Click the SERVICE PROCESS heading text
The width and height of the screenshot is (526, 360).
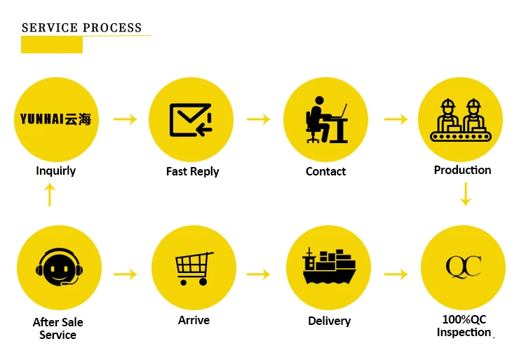81,28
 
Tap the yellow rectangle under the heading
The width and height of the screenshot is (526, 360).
51,45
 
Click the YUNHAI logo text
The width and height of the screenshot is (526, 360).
55,119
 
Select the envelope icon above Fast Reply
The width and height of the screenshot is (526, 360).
191,119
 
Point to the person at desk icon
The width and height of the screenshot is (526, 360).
326,119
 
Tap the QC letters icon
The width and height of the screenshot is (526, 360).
464,267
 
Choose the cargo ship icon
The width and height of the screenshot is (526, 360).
329,267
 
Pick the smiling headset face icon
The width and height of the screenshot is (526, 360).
59,267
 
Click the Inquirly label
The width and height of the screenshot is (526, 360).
55,171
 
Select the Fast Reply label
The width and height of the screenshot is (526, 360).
192,171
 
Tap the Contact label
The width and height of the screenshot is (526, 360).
325,171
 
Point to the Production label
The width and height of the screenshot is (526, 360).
462,170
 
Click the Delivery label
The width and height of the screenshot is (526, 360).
329,321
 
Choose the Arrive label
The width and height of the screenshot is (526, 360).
194,320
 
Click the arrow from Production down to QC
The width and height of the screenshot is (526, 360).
464,194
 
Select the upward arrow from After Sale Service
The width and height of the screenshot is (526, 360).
49,194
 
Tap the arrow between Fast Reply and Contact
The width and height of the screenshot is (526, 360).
258,119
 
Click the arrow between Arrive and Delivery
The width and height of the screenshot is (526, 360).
258,274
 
